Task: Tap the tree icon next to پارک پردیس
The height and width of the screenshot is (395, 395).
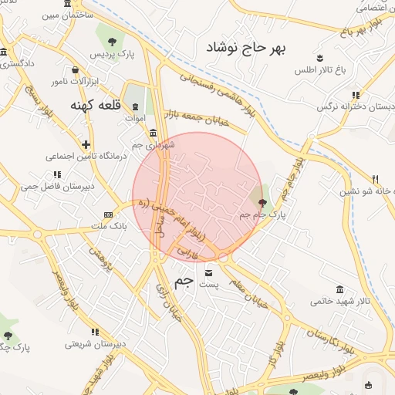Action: tap(113, 41)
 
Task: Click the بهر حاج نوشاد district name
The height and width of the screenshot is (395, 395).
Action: tap(245, 49)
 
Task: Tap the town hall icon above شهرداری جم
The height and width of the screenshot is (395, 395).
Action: tap(154, 132)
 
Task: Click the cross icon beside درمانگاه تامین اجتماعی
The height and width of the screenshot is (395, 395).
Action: tap(86, 143)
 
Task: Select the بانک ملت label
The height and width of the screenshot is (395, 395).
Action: tap(109, 227)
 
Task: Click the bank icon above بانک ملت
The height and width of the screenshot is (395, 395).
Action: tap(108, 214)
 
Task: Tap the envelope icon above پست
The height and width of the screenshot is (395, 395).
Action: tap(210, 272)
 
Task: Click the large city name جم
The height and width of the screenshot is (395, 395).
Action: tap(182, 282)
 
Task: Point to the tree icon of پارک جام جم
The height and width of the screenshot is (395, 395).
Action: tap(262, 203)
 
